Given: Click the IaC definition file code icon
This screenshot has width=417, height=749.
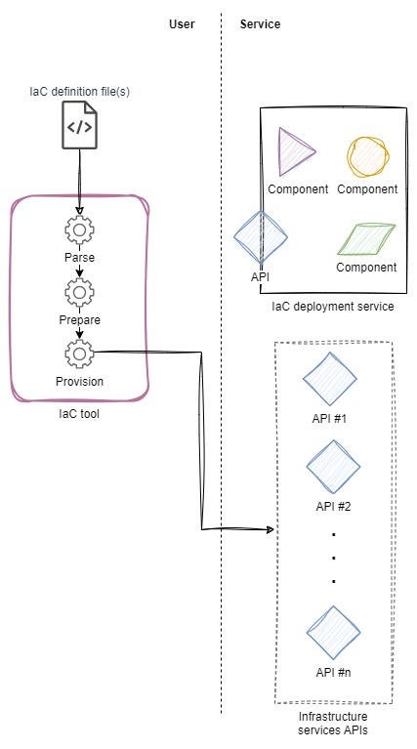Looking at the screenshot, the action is click(x=79, y=125).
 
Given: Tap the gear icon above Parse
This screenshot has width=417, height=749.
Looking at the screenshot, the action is click(x=79, y=230).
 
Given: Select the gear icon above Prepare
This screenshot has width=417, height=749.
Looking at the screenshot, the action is click(x=79, y=292).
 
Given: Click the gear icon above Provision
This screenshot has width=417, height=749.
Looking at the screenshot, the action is click(x=79, y=354).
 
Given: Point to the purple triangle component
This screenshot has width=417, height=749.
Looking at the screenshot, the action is click(x=295, y=152).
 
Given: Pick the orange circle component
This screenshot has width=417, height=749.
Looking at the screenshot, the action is click(x=367, y=157).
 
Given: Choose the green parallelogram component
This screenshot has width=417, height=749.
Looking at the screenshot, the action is click(x=366, y=239).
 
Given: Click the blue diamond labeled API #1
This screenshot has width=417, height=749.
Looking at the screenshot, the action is click(x=330, y=380).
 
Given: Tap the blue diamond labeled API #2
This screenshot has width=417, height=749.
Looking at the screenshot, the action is click(x=333, y=467).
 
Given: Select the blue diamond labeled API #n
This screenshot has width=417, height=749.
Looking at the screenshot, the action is click(x=333, y=634).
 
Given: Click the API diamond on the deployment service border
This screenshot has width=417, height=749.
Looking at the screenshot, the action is click(x=261, y=237).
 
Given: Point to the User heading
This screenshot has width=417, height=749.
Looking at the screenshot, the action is click(x=182, y=23).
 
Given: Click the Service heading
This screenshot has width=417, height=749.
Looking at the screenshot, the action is click(x=260, y=23).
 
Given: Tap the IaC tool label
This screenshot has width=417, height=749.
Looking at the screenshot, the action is click(x=79, y=414).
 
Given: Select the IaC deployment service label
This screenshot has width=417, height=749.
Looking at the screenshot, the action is click(x=333, y=307).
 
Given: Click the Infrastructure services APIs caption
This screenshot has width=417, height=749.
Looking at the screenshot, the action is click(x=333, y=724).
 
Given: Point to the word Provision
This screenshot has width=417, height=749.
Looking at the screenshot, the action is click(x=79, y=382).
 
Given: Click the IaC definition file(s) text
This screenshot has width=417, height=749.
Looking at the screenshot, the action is click(x=79, y=92).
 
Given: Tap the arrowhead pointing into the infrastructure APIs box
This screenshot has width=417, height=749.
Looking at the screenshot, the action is click(x=271, y=529).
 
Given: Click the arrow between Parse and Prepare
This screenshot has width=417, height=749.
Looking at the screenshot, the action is click(x=79, y=271).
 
